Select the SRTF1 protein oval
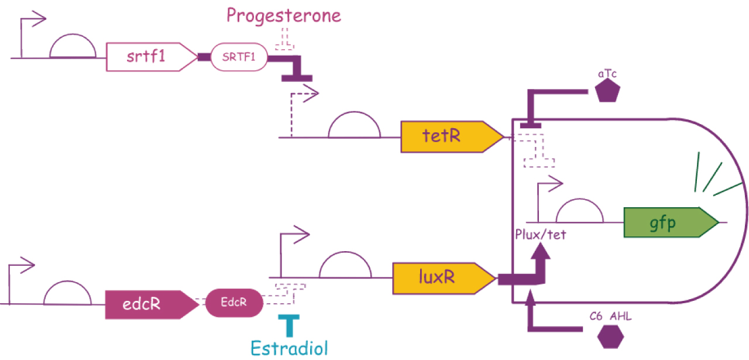click(239, 57)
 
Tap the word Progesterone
click(284, 16)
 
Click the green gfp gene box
click(671, 222)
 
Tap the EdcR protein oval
click(234, 303)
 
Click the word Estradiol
click(290, 348)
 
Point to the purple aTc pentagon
click(607, 90)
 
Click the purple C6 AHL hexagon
click(610, 337)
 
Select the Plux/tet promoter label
click(541, 235)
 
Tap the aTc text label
click(607, 73)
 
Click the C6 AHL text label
click(610, 316)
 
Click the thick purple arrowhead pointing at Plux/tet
click(541, 251)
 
